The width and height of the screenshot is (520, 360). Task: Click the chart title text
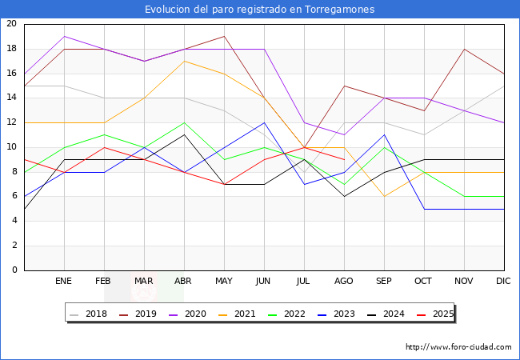[259, 10]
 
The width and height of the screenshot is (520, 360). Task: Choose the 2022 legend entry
[285, 314]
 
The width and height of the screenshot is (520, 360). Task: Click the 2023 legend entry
[332, 314]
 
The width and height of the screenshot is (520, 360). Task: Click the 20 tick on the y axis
[11, 24]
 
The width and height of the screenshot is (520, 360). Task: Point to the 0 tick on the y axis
[14, 270]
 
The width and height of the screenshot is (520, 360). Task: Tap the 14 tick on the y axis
[11, 98]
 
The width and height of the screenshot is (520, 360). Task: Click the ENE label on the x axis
[64, 282]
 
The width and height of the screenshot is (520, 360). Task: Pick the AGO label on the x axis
[344, 282]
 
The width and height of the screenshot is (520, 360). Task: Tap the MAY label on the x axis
[224, 282]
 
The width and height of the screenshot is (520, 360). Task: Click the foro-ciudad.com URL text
[458, 347]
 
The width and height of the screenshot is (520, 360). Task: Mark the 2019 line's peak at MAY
[224, 36]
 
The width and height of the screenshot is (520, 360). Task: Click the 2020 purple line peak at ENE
[64, 36]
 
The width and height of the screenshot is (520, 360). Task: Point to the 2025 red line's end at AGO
[344, 159]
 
